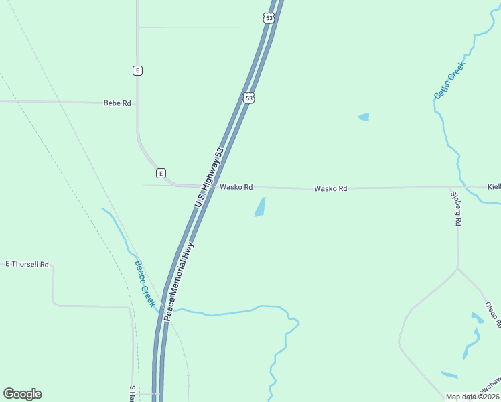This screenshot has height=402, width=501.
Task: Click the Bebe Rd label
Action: pos(117,103)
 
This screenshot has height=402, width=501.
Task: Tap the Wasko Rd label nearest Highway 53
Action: pos(236,187)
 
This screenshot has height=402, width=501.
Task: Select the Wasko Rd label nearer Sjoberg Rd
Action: pos(331,189)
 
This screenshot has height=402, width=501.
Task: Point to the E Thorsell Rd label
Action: pos(27,265)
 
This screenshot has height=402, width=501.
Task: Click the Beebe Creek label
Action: pos(145,283)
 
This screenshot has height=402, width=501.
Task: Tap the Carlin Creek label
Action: pos(449,80)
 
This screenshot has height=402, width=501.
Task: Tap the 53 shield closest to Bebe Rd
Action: pos(249,98)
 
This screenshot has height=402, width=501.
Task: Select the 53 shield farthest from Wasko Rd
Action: pos(269,19)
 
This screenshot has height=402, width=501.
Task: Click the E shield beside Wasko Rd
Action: pos(161,173)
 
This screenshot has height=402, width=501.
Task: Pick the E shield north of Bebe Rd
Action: pos(137,70)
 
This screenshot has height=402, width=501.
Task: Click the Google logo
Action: pos(22,394)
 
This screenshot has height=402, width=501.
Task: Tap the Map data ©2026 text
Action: pos(472,397)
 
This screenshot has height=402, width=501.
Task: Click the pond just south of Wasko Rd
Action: pos(260,207)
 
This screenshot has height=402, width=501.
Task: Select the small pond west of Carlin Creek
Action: pos(364,117)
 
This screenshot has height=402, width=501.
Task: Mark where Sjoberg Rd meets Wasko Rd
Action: pos(458,187)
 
